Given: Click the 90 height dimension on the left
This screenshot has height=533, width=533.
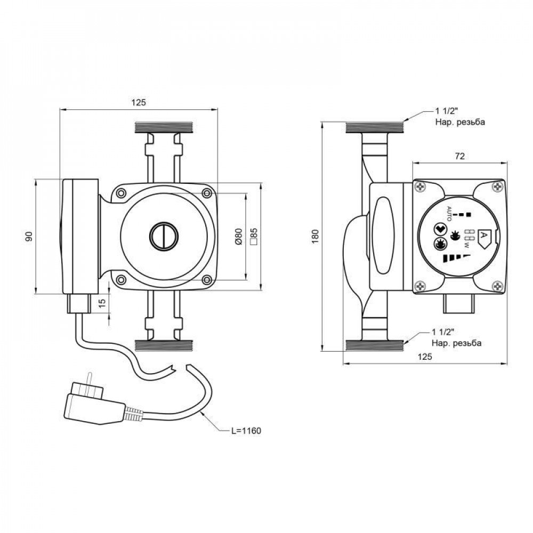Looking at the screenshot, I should coord(30,236).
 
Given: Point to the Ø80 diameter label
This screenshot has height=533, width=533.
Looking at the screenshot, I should coord(238,236).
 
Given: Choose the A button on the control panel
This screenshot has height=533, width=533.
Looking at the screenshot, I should coord(484,235).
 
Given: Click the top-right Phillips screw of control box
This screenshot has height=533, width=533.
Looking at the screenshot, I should coord(498,187).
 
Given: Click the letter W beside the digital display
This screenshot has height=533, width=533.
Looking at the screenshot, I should coord(467,245).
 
